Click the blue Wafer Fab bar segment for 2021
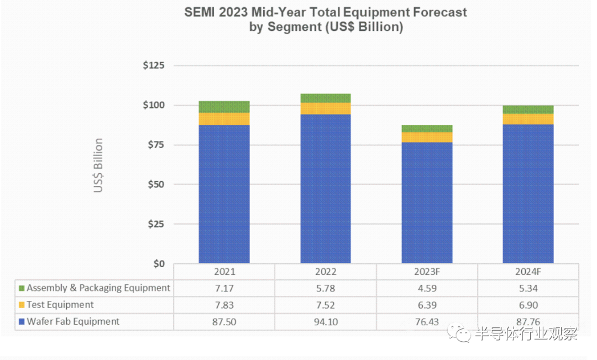224,194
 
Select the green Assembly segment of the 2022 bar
326,98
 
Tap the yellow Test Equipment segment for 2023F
427,137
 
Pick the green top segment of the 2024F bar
528,109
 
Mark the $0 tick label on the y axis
158,264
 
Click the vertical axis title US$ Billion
98,165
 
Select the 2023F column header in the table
427,272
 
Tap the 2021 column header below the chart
224,272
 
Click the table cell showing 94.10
326,321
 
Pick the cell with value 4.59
427,288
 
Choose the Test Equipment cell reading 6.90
528,305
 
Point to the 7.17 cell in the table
224,288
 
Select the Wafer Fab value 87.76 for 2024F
528,321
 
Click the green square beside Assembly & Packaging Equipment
22,288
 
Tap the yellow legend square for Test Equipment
22,305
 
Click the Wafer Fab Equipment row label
73,321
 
